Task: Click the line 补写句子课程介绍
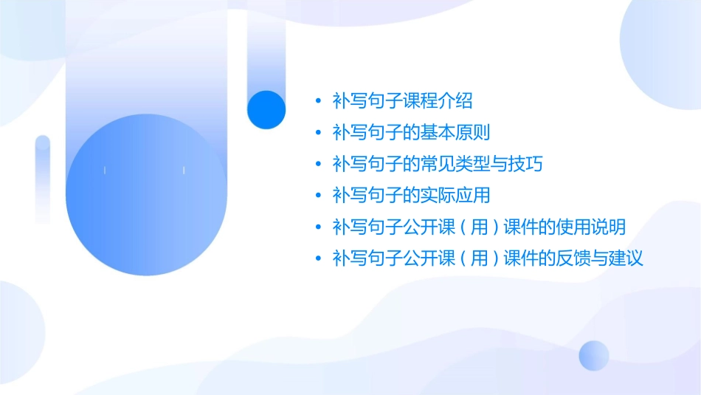point(402,100)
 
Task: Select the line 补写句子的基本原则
point(411,132)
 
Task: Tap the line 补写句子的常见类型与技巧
point(438,163)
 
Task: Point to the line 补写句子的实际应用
point(411,195)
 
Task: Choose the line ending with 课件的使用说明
point(479,227)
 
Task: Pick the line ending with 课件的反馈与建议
point(488,258)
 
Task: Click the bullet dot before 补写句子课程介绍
point(317,101)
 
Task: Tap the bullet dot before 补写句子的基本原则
point(317,133)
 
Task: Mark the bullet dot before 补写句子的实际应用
point(317,196)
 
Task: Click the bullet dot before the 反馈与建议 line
point(317,259)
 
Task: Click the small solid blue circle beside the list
point(266,109)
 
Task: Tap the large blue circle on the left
point(145,196)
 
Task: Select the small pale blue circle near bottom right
point(594,355)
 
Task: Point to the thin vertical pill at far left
point(43,179)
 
